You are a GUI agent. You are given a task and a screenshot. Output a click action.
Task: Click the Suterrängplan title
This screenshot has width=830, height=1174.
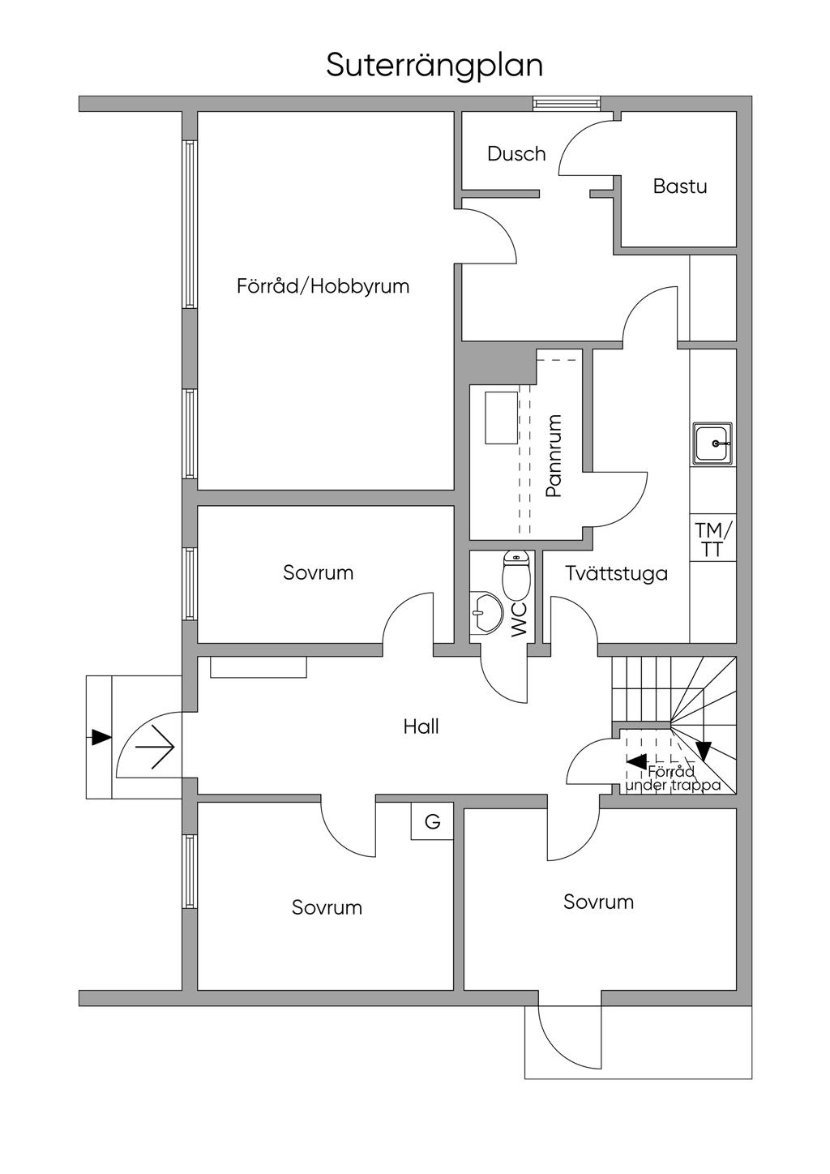[x=434, y=66]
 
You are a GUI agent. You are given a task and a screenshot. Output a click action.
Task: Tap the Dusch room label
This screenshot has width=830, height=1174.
[x=516, y=153]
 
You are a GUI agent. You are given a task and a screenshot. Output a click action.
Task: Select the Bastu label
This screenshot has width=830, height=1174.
[x=680, y=186]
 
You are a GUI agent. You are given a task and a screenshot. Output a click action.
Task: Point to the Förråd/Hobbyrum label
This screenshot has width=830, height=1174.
[x=323, y=286]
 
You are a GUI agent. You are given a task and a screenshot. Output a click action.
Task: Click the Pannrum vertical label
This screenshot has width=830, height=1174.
[x=554, y=456]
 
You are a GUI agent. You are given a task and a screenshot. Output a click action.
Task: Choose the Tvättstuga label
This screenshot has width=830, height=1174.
[x=617, y=574]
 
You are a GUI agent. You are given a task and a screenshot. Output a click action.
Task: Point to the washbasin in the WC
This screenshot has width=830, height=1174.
[x=487, y=612]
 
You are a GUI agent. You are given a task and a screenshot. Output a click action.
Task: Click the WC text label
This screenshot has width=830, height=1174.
[x=519, y=619]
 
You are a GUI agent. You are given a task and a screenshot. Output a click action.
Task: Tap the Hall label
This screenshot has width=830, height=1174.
[x=421, y=726]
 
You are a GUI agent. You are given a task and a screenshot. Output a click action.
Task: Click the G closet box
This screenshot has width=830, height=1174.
[x=432, y=822]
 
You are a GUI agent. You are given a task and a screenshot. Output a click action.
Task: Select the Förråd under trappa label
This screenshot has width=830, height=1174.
[x=673, y=779]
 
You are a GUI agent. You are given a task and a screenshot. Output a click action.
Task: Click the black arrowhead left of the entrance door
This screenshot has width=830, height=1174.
[x=101, y=738]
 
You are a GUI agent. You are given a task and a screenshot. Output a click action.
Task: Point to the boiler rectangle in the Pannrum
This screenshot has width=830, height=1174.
[x=501, y=418]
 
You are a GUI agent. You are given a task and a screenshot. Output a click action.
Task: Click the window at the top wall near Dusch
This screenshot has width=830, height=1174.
[x=567, y=104]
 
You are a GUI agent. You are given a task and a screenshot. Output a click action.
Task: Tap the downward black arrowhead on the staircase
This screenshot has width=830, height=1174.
[x=704, y=752]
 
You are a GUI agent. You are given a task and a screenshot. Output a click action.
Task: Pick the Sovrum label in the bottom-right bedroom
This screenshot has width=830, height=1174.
[x=598, y=902]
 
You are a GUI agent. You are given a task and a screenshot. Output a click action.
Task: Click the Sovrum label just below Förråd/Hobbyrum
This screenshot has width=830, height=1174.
[x=319, y=573]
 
